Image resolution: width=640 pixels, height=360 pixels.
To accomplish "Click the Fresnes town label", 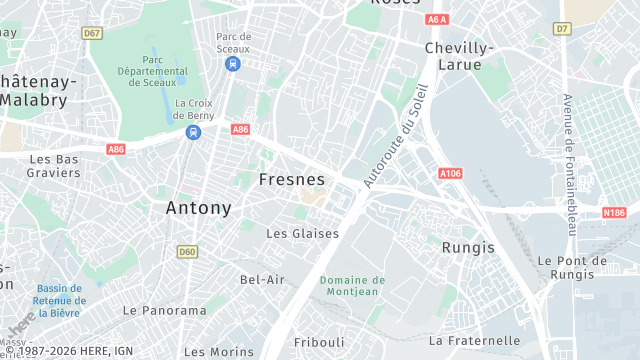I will (x=292, y=180).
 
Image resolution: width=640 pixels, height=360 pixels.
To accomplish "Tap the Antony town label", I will (x=198, y=208).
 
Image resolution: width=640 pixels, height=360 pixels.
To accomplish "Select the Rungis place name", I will (x=467, y=246).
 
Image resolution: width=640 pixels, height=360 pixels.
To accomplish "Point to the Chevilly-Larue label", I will (x=460, y=56).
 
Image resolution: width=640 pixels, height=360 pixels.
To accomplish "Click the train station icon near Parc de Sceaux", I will (x=233, y=64).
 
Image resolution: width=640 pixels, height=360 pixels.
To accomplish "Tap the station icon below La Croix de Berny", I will (x=193, y=131).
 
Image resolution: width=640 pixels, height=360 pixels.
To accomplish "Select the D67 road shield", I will (x=92, y=33).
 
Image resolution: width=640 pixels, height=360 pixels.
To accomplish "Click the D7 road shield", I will (x=562, y=29).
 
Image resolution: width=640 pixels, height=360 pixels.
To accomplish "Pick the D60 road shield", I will (x=187, y=251).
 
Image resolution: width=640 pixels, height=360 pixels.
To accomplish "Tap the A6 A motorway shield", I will (x=436, y=19).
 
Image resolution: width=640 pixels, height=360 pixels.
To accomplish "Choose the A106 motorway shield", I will (x=450, y=173).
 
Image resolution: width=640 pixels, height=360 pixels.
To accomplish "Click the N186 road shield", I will (x=614, y=212).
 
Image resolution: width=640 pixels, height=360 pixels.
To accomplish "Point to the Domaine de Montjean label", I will (x=352, y=286).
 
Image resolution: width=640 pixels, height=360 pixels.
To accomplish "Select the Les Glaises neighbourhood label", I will (x=302, y=233).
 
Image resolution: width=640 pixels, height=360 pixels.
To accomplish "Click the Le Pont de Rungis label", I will (x=572, y=267).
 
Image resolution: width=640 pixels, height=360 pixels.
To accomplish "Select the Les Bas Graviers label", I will (x=54, y=165).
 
